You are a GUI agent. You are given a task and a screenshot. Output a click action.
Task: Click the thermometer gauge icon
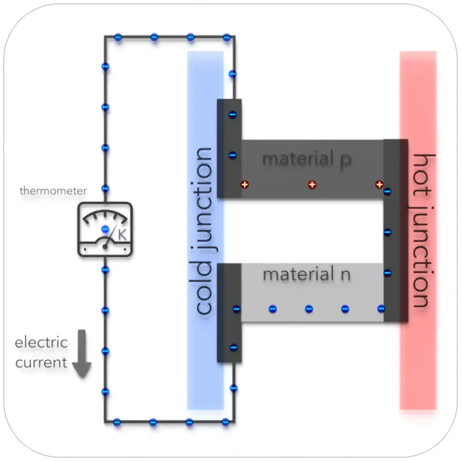pos(105,230)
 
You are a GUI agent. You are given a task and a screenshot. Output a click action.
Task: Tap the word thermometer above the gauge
pos(53,191)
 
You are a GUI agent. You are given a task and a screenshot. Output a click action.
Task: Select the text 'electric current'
pos(41,353)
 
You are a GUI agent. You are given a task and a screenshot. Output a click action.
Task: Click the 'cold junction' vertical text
pos(204,231)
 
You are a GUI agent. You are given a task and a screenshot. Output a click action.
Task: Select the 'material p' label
pos(306,160)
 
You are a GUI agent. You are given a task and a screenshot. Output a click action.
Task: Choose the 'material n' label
pos(306,275)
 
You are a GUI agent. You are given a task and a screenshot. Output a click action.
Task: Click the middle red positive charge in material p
pos(312,184)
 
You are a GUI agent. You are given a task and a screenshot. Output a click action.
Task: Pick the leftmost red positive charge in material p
pos(244,184)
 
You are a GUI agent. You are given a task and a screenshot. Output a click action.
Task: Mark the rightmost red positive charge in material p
pos(379,184)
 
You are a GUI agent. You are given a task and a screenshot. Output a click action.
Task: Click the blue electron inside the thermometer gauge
pos(105,229)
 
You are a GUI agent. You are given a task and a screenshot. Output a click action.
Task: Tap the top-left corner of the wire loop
pos(106,38)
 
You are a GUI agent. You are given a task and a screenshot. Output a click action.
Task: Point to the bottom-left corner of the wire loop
pos(106,421)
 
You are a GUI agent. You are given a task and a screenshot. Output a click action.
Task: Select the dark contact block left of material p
pos(229,148)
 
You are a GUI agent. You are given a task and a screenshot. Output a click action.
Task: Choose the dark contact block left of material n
pos(229,313)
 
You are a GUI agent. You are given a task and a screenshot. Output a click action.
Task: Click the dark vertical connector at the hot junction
pos(396,231)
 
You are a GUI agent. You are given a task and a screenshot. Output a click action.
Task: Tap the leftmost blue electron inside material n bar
pos(273,309)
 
